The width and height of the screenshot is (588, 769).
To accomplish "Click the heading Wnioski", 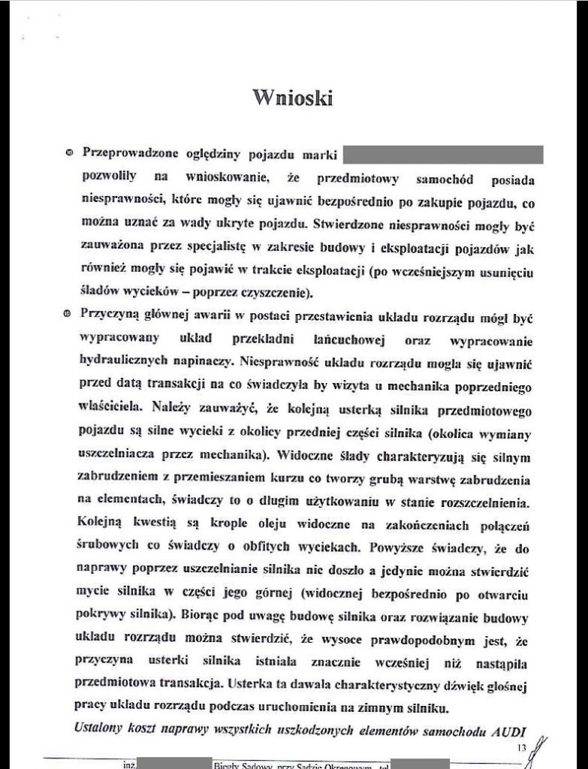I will [293, 98].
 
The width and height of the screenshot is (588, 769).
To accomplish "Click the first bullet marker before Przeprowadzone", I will [69, 154].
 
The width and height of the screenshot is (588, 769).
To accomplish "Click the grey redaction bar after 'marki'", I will [443, 155].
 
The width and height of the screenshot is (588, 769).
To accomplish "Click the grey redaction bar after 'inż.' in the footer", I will [170, 764].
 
